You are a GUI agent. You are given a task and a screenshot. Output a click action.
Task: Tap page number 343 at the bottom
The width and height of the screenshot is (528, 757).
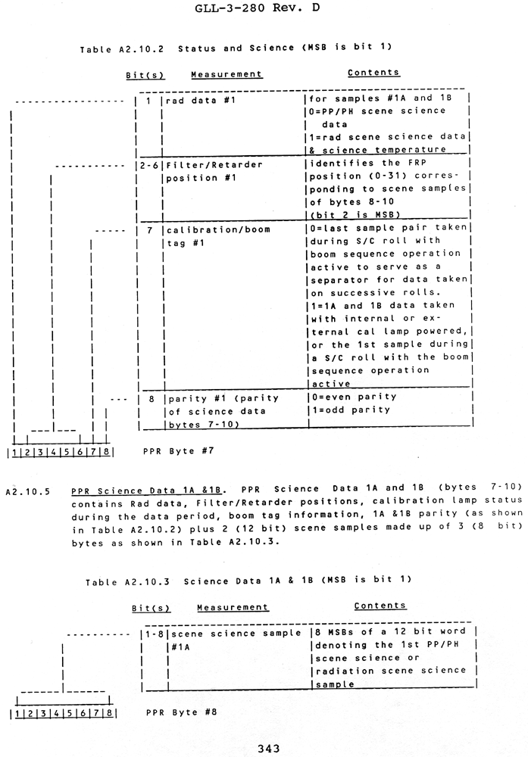[270, 748]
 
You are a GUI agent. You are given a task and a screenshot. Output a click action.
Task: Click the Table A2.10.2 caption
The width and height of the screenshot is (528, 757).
[235, 48]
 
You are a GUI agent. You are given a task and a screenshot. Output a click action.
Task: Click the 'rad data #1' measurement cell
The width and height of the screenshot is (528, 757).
[193, 98]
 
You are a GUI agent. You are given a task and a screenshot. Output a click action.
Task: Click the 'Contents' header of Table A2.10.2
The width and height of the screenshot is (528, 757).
[373, 73]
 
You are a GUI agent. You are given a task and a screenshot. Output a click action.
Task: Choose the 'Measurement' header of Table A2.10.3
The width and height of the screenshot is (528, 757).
[233, 607]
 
